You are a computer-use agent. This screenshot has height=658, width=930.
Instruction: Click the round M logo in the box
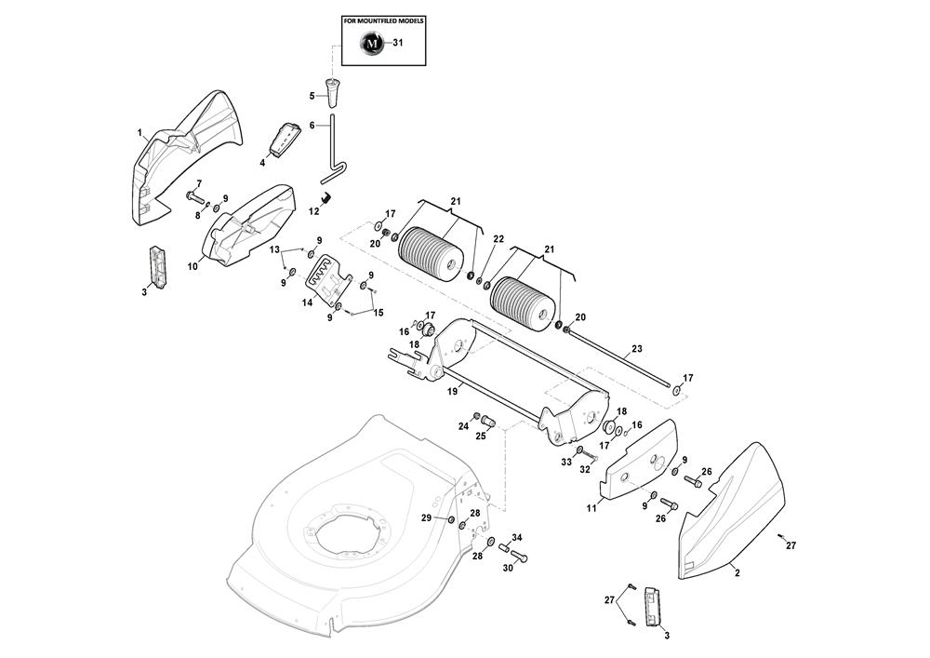pyautogui.click(x=371, y=44)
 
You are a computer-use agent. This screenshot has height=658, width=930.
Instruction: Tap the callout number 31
pyautogui.click(x=398, y=43)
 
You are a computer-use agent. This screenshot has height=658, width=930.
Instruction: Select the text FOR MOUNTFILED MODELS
pyautogui.click(x=384, y=20)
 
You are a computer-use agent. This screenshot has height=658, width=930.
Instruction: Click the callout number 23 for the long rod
pyautogui.click(x=636, y=350)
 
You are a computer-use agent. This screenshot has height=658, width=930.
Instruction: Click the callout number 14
pyautogui.click(x=307, y=303)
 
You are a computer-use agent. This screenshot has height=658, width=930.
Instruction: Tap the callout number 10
pyautogui.click(x=193, y=266)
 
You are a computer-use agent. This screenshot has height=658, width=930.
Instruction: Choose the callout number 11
pyautogui.click(x=591, y=507)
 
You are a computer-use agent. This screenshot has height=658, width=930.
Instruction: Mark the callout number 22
pyautogui.click(x=498, y=239)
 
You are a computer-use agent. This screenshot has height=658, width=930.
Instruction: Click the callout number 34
pyautogui.click(x=517, y=538)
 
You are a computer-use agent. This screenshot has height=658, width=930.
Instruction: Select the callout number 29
pyautogui.click(x=426, y=517)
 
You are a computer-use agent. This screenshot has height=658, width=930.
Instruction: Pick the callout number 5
pyautogui.click(x=312, y=95)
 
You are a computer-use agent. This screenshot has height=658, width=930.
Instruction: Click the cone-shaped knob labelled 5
pyautogui.click(x=330, y=91)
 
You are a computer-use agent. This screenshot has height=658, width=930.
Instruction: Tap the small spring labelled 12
pyautogui.click(x=326, y=196)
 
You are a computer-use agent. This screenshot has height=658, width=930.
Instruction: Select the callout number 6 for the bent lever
pyautogui.click(x=312, y=125)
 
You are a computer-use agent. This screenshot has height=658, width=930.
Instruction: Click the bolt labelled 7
pyautogui.click(x=195, y=196)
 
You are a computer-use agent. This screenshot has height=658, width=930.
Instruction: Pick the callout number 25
pyautogui.click(x=482, y=436)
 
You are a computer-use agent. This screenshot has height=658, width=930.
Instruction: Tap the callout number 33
pyautogui.click(x=565, y=462)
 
